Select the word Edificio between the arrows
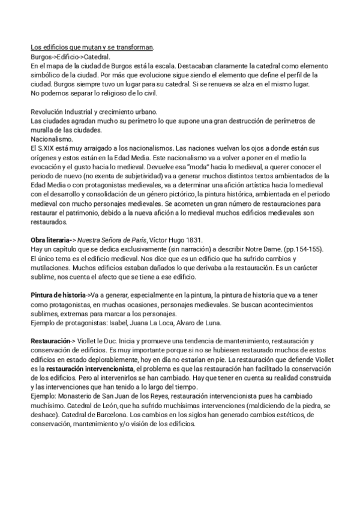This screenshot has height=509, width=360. pyautogui.click(x=68, y=57)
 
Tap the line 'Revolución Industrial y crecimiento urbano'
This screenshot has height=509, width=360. pyautogui.click(x=94, y=112)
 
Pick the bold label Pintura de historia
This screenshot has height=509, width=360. pyautogui.click(x=58, y=295)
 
